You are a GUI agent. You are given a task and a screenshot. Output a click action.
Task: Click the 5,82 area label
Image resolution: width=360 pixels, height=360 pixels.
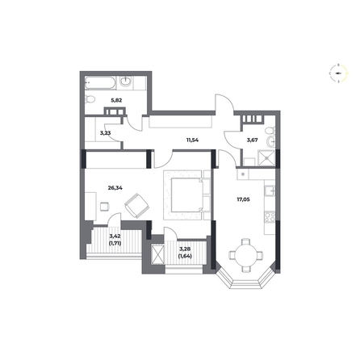click(x=116, y=100)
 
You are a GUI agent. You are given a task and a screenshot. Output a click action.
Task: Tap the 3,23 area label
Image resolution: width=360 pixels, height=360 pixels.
click(x=105, y=132)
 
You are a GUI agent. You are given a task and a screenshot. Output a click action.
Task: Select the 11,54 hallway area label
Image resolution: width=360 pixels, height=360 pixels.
click(x=192, y=140)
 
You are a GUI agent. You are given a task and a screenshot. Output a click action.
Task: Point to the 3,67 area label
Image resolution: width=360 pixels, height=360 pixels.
click(x=253, y=140)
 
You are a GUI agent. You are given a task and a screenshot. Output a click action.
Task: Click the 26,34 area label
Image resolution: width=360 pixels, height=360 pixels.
click(x=115, y=188)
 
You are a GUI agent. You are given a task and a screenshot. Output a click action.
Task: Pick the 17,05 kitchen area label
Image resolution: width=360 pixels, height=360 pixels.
click(x=243, y=199)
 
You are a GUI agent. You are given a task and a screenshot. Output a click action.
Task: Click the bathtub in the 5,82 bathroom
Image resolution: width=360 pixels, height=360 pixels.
click(x=100, y=83)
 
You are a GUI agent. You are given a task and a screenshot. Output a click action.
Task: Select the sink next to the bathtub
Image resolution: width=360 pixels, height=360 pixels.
click(x=126, y=82)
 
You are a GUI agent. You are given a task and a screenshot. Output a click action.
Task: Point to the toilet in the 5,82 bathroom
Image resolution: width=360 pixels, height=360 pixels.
click(x=90, y=99)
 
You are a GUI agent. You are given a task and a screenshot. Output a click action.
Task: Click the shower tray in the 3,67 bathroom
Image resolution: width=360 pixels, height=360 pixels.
click(x=266, y=158)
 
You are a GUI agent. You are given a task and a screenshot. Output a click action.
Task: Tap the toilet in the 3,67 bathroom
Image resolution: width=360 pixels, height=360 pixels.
click(x=270, y=132)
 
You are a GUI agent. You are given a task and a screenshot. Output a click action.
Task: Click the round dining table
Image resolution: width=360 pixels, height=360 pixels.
click(x=245, y=255)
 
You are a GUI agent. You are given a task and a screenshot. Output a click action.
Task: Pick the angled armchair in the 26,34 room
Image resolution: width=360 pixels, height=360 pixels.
click(x=136, y=205)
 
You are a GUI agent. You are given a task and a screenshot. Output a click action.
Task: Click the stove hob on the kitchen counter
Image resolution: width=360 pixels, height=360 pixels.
click(x=270, y=217)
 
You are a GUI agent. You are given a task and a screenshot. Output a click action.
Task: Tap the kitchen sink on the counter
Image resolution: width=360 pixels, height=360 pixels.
click(x=270, y=190)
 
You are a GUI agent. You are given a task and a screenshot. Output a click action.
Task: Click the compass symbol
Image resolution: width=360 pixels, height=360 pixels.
click(x=339, y=73)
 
